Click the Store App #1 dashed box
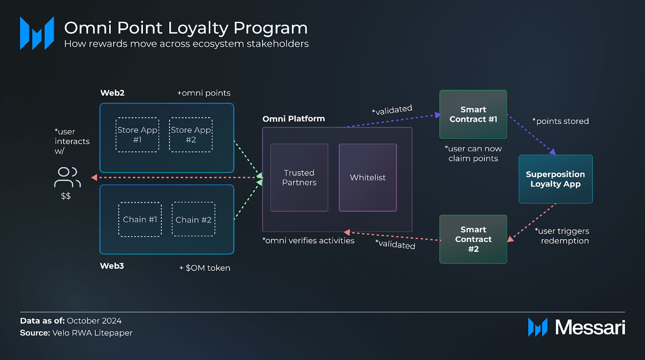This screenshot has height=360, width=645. pos(137,135)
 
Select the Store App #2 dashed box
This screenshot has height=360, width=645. pos(191,135)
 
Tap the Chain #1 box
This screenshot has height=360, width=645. pos(140,219)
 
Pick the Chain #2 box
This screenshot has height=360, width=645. pos(193,219)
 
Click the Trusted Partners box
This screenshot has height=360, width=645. pos(299,178)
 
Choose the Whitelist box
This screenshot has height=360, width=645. pos(368,178)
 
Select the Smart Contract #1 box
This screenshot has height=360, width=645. pos(473,114)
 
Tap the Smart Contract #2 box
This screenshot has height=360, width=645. pos(473,239)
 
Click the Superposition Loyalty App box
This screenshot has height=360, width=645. pos(555,179)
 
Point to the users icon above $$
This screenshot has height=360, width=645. pos(67,177)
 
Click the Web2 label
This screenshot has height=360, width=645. pos(112,93)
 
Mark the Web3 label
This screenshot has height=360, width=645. pos(112,266)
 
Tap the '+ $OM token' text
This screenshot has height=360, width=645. pos(205,268)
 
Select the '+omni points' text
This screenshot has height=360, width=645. pos(204,93)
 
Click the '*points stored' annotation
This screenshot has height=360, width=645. pos(560,121)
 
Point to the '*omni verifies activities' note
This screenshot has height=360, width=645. pos(308,241)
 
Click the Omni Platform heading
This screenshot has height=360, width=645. pos(294,119)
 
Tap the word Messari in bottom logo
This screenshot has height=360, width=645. pos(590,327)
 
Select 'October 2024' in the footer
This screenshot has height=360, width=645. pos(94,321)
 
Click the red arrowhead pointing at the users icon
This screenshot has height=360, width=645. pos(94,178)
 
